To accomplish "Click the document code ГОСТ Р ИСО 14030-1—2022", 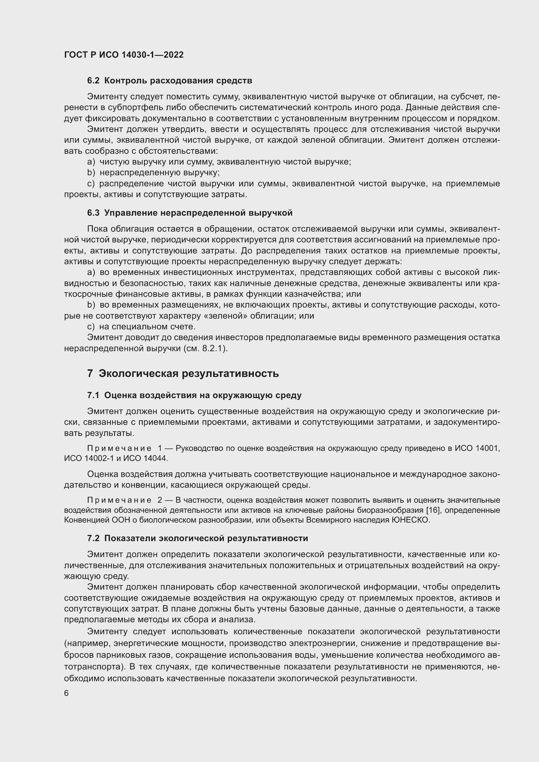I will [x=124, y=55].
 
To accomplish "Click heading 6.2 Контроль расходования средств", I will [x=169, y=81].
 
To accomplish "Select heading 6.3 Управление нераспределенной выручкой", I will [x=190, y=213].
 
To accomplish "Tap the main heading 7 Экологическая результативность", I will [x=183, y=373].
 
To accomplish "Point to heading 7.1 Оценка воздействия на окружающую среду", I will [x=194, y=395].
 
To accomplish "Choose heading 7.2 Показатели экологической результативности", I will [x=197, y=538].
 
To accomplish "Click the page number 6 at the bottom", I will [x=66, y=693].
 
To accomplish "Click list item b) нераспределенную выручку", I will [x=153, y=173].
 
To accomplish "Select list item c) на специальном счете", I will [x=141, y=326].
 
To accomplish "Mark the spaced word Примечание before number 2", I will [x=119, y=500].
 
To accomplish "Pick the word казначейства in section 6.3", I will [x=318, y=294].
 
